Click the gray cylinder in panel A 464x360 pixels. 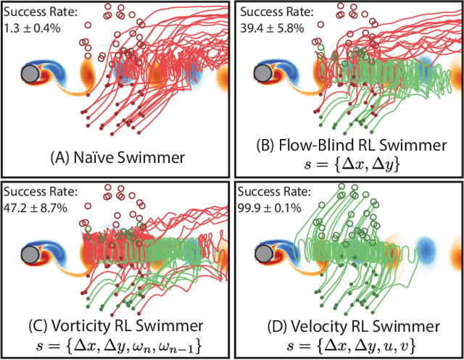[x=30, y=74]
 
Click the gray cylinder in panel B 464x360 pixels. [x=265, y=74]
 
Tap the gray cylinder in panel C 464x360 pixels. [x=30, y=255]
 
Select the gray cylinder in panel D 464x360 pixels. [x=265, y=255]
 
